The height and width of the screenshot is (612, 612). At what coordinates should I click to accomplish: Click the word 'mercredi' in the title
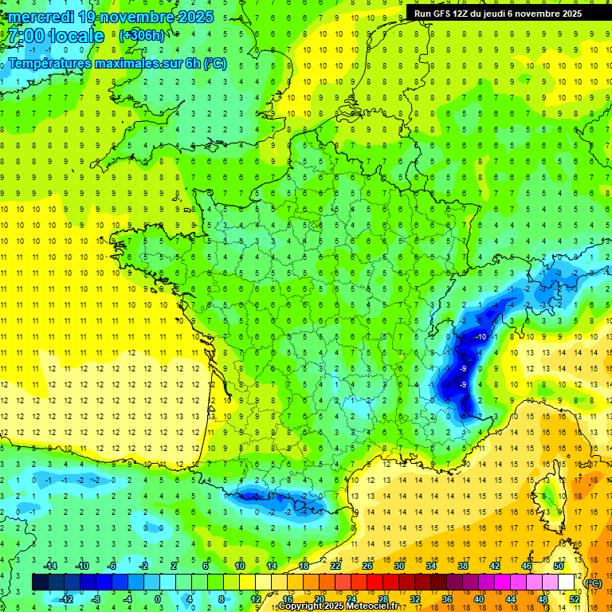42,17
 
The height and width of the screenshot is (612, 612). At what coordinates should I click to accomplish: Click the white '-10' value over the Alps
481,337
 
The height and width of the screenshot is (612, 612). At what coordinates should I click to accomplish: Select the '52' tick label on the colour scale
575,598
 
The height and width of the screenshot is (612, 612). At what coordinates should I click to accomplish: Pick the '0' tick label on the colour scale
158,598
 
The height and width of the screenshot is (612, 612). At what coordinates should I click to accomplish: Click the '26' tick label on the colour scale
367,565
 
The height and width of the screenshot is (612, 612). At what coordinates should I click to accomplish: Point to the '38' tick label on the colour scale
462,565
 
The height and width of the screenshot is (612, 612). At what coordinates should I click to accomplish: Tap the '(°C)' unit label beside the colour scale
594,583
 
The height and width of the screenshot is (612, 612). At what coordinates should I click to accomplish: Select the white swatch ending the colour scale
566,582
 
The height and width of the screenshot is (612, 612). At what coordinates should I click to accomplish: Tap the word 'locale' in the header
76,36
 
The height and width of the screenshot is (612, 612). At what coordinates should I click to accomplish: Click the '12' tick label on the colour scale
256,598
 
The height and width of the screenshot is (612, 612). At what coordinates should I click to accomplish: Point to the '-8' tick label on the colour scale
95,598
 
